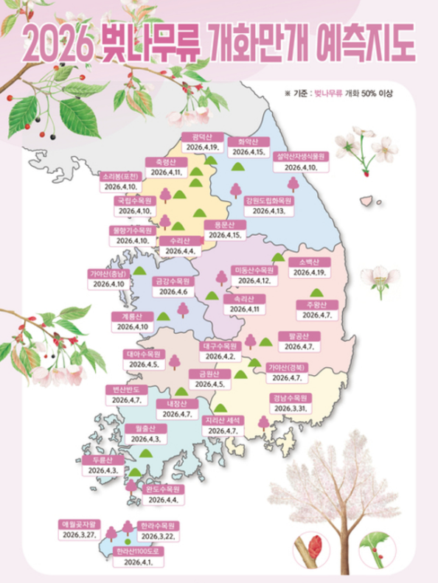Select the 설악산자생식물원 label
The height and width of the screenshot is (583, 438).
coord(299,156)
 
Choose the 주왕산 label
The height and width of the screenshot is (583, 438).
coord(316,304)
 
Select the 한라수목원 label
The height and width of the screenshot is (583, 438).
coord(156,526)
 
